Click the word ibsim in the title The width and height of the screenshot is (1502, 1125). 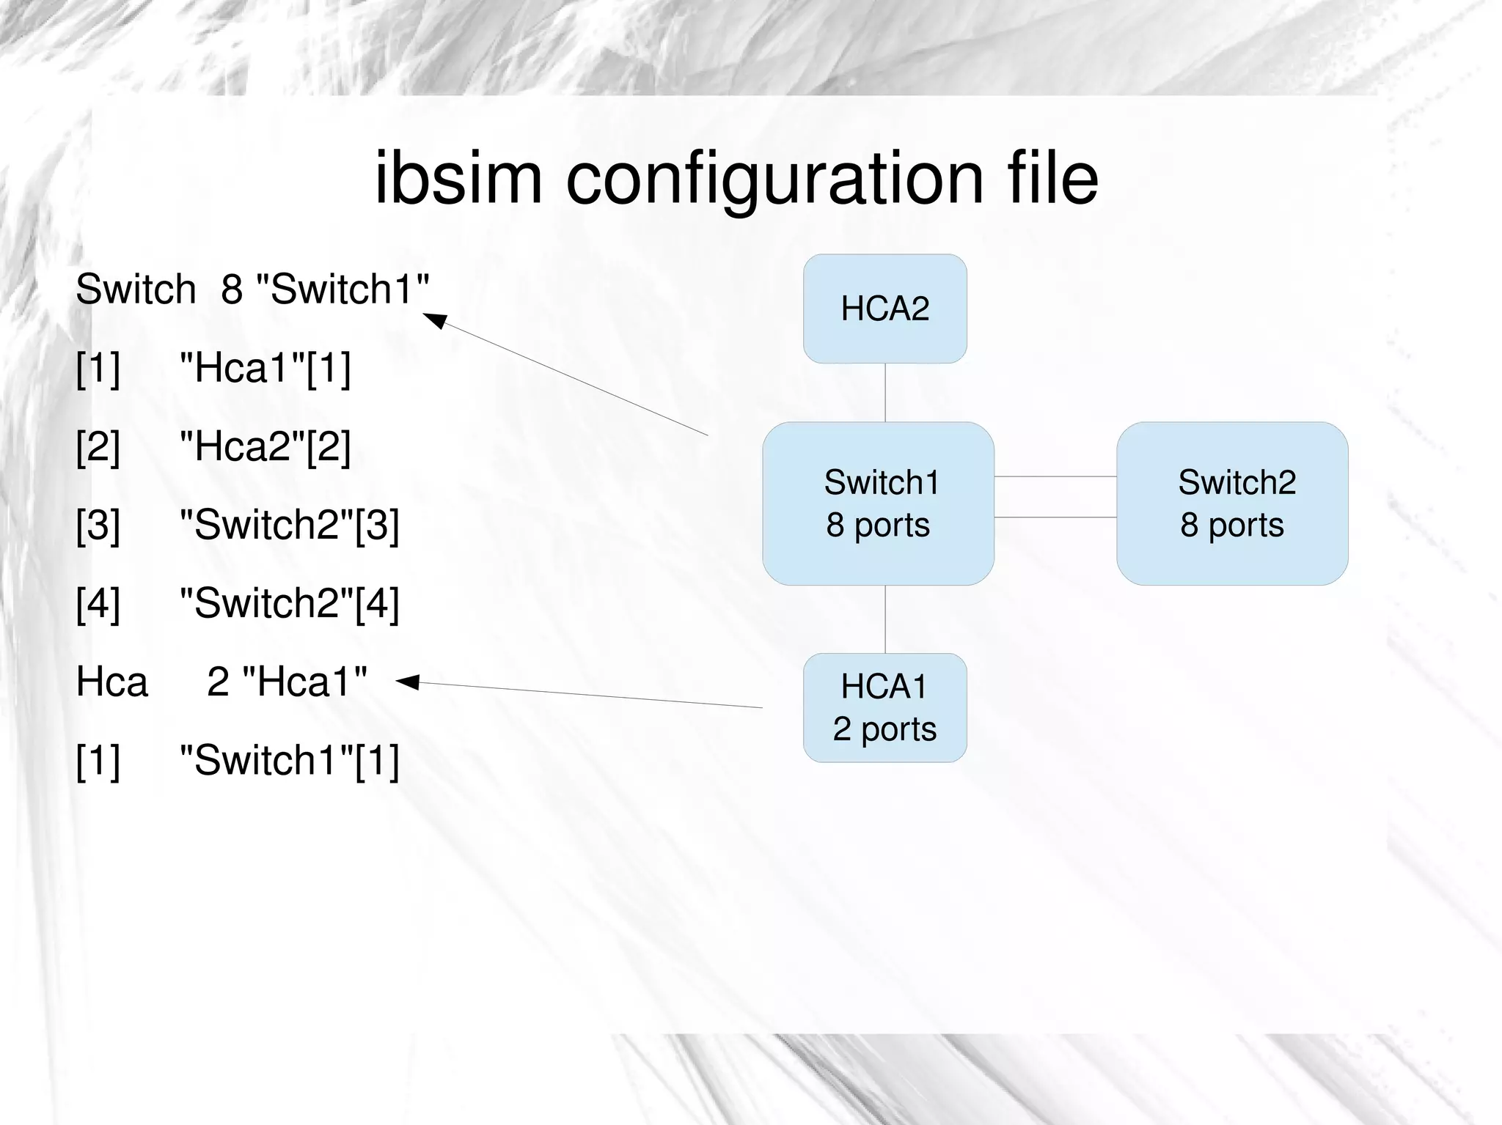click(x=458, y=178)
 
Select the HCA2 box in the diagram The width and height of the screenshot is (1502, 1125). click(x=884, y=309)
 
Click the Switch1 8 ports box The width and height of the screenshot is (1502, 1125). click(x=878, y=504)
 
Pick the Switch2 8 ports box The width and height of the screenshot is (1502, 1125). click(x=1232, y=504)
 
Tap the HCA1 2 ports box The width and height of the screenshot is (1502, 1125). click(x=884, y=708)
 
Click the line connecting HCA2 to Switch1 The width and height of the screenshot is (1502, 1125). click(x=885, y=392)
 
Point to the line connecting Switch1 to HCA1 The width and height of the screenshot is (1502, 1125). click(x=885, y=619)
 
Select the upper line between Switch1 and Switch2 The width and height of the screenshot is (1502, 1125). click(x=1055, y=476)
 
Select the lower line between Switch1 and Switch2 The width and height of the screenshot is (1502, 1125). click(x=1055, y=517)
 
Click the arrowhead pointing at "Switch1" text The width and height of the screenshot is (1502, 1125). click(x=436, y=320)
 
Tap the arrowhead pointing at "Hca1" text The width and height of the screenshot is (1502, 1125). click(x=407, y=682)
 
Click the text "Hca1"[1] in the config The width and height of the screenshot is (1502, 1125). click(x=265, y=367)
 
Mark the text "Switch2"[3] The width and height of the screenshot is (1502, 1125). click(x=290, y=525)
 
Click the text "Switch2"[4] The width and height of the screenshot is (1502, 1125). click(x=290, y=603)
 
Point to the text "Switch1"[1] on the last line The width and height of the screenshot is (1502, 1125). click(x=290, y=760)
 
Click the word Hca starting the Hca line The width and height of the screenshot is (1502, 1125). click(x=112, y=682)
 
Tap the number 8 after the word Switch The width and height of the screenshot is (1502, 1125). click(x=232, y=289)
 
